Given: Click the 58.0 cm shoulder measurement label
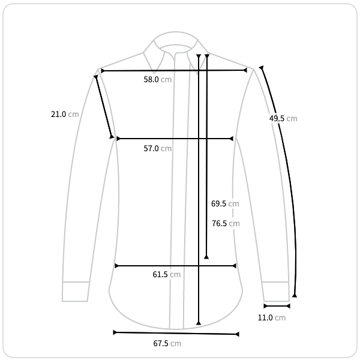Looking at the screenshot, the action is click(x=157, y=79).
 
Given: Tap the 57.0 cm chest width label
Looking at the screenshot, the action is click(x=157, y=148).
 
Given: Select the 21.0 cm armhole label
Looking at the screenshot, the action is click(x=65, y=114).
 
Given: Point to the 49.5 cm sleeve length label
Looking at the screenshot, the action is click(x=283, y=118).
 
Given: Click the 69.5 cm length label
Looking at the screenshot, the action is click(x=225, y=203).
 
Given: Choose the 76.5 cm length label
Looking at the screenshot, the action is click(x=226, y=223).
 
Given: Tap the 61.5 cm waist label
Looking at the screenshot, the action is click(x=166, y=274).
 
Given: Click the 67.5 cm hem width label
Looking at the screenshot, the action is click(x=167, y=343).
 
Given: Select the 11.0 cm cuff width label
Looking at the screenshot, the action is click(x=272, y=318).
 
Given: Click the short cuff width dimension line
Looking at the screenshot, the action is click(x=277, y=306).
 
